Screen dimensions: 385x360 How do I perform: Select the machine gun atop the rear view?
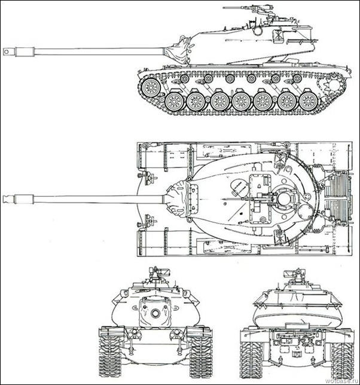[x=294, y=274]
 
